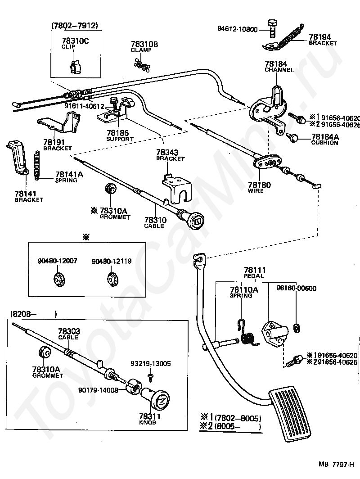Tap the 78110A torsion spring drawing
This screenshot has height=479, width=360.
pos(247,333)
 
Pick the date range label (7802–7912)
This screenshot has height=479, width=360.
pos(75,26)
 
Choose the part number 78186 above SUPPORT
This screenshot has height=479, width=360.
pos(118,133)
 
